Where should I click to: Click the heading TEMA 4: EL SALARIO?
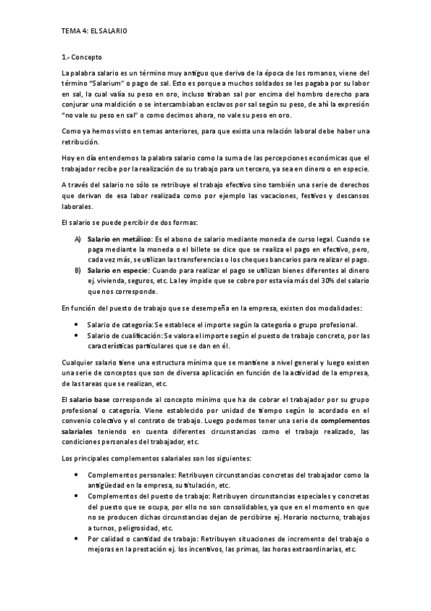[94, 31]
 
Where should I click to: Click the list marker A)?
[78, 238]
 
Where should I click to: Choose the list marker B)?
[78, 269]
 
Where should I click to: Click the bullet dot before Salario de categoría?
[77, 325]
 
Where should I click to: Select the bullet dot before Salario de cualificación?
[77, 335]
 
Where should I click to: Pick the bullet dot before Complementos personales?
[77, 476]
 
